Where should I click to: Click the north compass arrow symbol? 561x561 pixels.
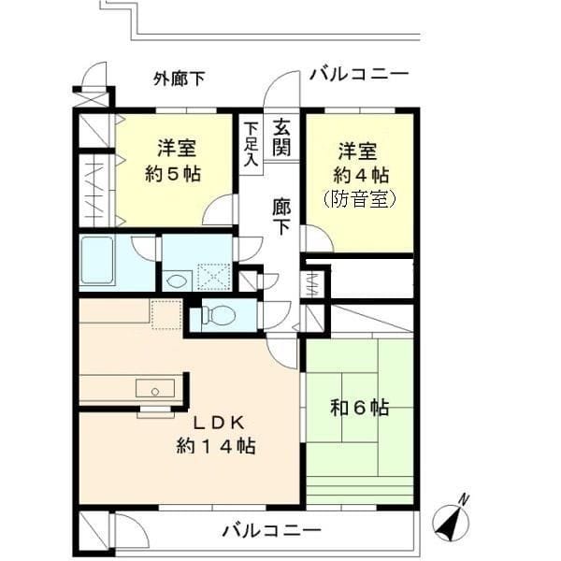tap(453, 519)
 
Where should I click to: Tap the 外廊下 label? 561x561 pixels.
tap(179, 79)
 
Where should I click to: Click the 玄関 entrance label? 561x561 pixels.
tap(281, 137)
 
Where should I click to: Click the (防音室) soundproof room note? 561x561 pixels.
tap(359, 198)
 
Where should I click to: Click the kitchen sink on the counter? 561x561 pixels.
tap(153, 387)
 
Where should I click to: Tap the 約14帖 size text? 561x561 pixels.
tap(216, 446)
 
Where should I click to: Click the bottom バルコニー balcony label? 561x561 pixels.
tap(271, 531)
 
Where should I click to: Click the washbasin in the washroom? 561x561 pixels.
tap(176, 279)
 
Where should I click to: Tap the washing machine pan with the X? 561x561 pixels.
tap(214, 276)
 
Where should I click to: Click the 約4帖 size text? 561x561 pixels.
tap(359, 174)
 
